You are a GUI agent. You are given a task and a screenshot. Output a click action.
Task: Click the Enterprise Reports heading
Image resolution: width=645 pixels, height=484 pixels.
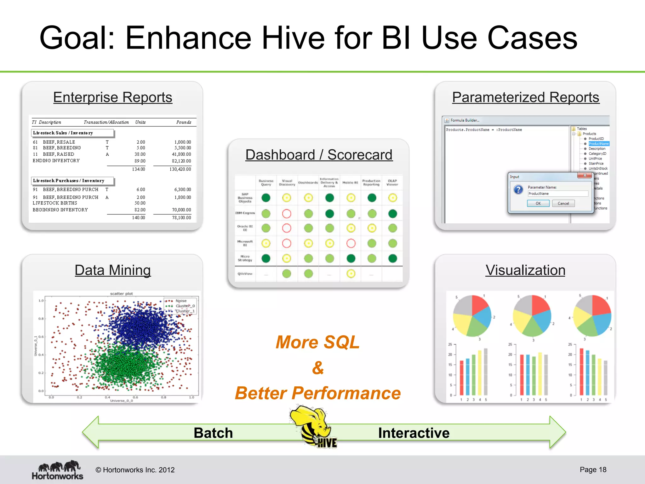[x=113, y=97]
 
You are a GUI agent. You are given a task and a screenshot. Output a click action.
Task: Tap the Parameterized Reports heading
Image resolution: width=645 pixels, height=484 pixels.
[x=526, y=97]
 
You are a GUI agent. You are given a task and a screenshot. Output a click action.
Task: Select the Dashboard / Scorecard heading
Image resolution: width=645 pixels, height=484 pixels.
[x=319, y=155]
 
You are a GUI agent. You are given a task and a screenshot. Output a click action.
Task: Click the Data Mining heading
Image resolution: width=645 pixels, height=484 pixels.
[x=113, y=270]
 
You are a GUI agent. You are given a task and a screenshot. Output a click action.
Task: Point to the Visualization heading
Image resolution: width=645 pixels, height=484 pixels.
[x=525, y=270]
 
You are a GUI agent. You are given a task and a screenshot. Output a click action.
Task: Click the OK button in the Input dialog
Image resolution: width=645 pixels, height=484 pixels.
[x=538, y=204]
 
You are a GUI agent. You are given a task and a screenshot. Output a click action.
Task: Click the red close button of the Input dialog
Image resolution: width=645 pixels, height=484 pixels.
[x=584, y=176]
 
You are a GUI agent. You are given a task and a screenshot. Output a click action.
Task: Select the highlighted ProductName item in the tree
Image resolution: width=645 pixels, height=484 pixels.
[x=598, y=144]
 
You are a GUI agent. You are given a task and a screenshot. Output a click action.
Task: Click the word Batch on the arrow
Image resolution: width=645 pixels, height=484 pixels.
[x=213, y=433]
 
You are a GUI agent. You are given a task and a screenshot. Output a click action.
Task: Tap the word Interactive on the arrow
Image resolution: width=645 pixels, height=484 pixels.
[x=414, y=433]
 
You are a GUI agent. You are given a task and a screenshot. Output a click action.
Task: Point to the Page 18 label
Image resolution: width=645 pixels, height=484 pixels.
[x=593, y=470]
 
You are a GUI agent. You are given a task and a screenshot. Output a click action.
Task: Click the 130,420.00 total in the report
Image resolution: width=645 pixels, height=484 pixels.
[x=180, y=169]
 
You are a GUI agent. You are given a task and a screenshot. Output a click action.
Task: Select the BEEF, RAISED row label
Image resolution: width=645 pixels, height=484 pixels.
[x=59, y=154]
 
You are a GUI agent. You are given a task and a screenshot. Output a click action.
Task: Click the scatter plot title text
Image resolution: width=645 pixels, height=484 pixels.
[x=121, y=294]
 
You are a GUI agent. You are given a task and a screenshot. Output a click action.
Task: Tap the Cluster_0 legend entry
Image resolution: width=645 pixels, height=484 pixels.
[x=185, y=306]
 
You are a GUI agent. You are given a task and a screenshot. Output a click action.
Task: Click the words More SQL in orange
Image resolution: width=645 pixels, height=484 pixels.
[x=317, y=343]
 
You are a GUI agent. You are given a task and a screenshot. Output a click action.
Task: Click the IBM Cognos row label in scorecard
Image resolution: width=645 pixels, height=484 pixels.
[x=245, y=213]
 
